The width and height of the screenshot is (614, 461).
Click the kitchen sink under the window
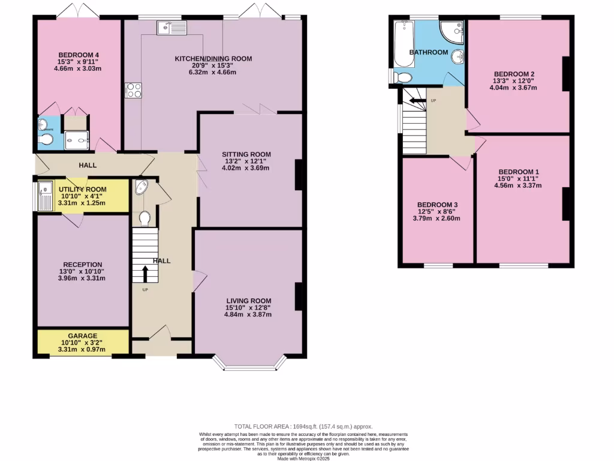(x=171, y=27)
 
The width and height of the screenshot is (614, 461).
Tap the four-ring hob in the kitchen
(x=133, y=90)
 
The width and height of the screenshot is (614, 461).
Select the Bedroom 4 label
(x=78, y=56)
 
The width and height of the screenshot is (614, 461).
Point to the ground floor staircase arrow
(x=145, y=274)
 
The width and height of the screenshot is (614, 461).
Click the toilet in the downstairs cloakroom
(x=144, y=218)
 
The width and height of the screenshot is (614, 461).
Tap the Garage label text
(x=82, y=336)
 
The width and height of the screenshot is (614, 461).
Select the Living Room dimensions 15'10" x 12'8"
(x=248, y=309)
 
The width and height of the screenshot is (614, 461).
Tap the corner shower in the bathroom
(x=453, y=30)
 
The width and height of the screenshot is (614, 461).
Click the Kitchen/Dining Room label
(x=213, y=59)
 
